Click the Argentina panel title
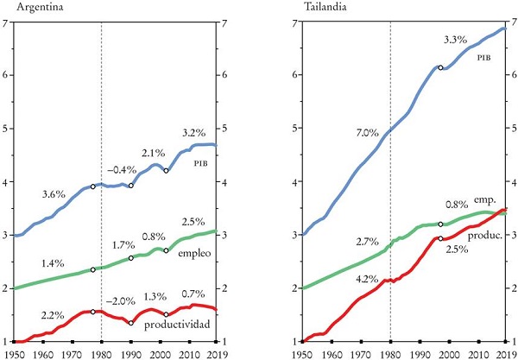tap(34, 7)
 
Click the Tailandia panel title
tap(322, 7)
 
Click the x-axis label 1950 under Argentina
tap(13, 352)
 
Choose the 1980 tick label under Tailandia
tap(390, 352)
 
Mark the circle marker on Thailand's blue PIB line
tap(440, 67)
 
